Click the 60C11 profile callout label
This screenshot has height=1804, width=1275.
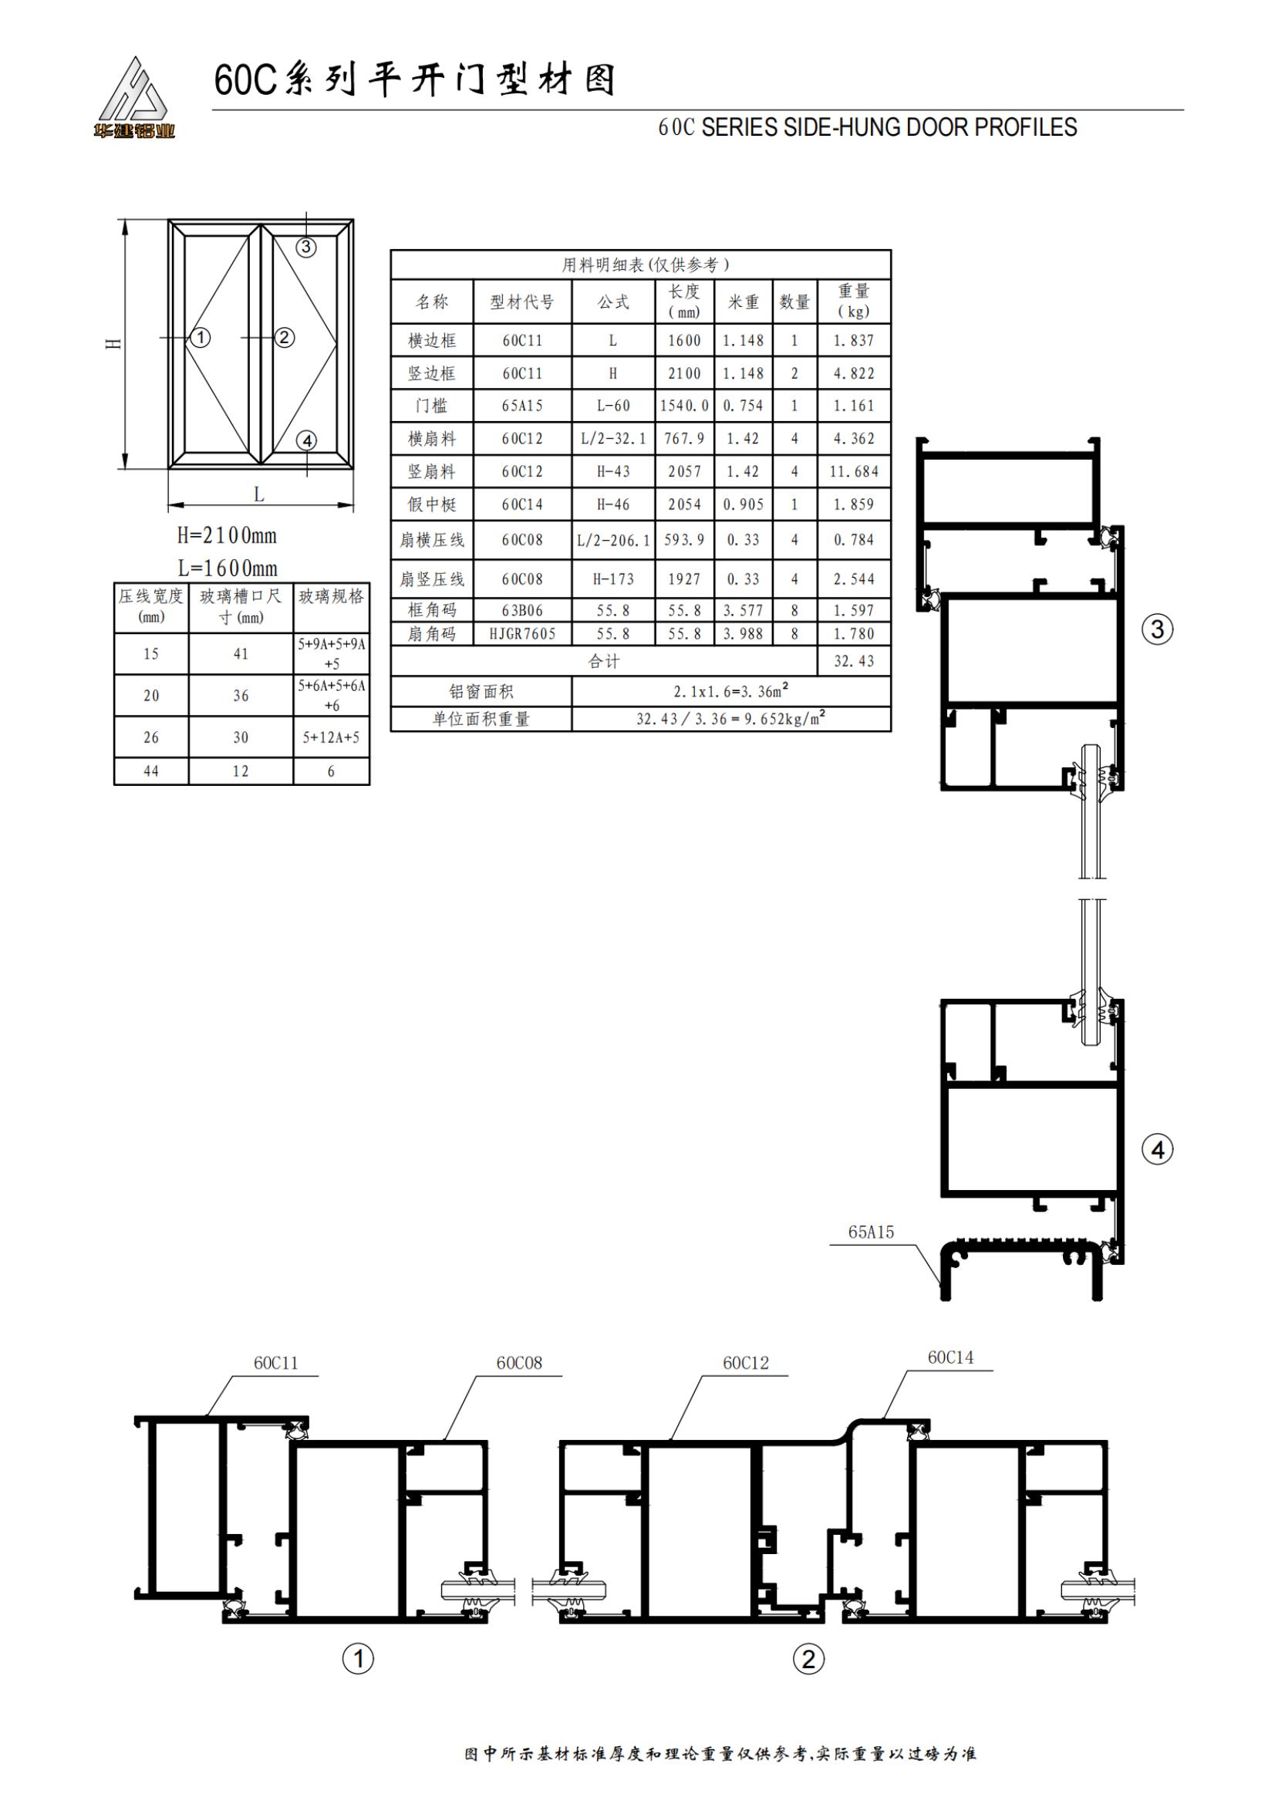click(275, 1362)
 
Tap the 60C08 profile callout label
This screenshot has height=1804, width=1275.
click(519, 1362)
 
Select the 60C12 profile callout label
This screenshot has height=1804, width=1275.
click(746, 1362)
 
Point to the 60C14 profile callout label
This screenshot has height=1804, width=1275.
click(950, 1357)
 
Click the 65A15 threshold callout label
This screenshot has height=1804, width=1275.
click(871, 1232)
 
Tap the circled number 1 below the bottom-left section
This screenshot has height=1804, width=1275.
click(358, 1659)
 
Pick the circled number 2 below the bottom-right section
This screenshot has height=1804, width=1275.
click(808, 1659)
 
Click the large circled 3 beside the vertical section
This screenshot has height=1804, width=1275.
click(1157, 629)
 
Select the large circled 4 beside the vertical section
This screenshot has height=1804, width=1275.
click(1157, 1150)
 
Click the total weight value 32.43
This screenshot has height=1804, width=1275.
click(854, 661)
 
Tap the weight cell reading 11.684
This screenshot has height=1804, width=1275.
click(854, 471)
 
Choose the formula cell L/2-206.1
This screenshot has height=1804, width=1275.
click(613, 540)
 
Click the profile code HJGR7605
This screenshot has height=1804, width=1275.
click(522, 633)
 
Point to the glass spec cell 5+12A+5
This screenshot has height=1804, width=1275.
click(332, 737)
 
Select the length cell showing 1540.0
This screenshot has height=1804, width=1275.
click(684, 406)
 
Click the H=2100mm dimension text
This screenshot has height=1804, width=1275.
click(227, 535)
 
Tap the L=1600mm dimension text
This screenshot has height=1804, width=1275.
click(227, 568)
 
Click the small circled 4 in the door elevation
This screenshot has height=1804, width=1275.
click(307, 441)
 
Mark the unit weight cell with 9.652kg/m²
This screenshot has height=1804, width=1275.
click(730, 718)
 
